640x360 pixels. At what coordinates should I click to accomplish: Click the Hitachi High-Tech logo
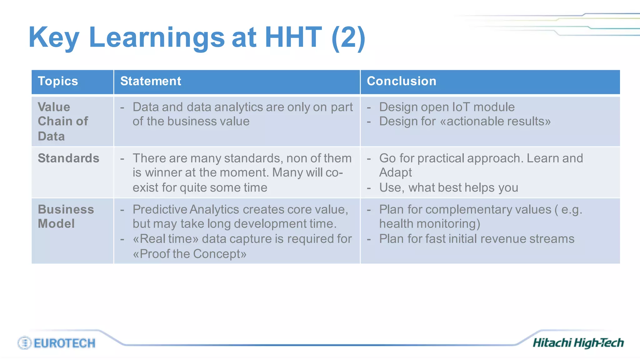578,343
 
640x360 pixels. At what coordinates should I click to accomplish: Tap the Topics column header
58,81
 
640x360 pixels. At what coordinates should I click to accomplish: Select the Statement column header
151,81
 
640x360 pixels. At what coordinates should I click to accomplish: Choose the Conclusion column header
401,81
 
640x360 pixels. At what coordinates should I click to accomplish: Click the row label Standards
68,158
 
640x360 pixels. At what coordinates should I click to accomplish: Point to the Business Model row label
66,216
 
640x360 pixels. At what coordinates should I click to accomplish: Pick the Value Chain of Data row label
62,121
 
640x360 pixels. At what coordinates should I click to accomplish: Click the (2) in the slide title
348,37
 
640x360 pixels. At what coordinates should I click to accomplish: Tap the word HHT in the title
293,37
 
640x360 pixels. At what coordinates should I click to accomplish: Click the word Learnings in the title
157,37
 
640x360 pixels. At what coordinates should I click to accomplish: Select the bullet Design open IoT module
447,107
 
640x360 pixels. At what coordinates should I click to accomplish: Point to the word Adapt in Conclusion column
395,172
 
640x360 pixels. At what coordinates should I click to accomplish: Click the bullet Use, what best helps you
448,187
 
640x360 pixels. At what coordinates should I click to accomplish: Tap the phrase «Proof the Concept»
190,254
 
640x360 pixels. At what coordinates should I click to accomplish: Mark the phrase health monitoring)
429,224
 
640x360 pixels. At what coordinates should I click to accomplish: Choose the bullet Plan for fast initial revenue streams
477,239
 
